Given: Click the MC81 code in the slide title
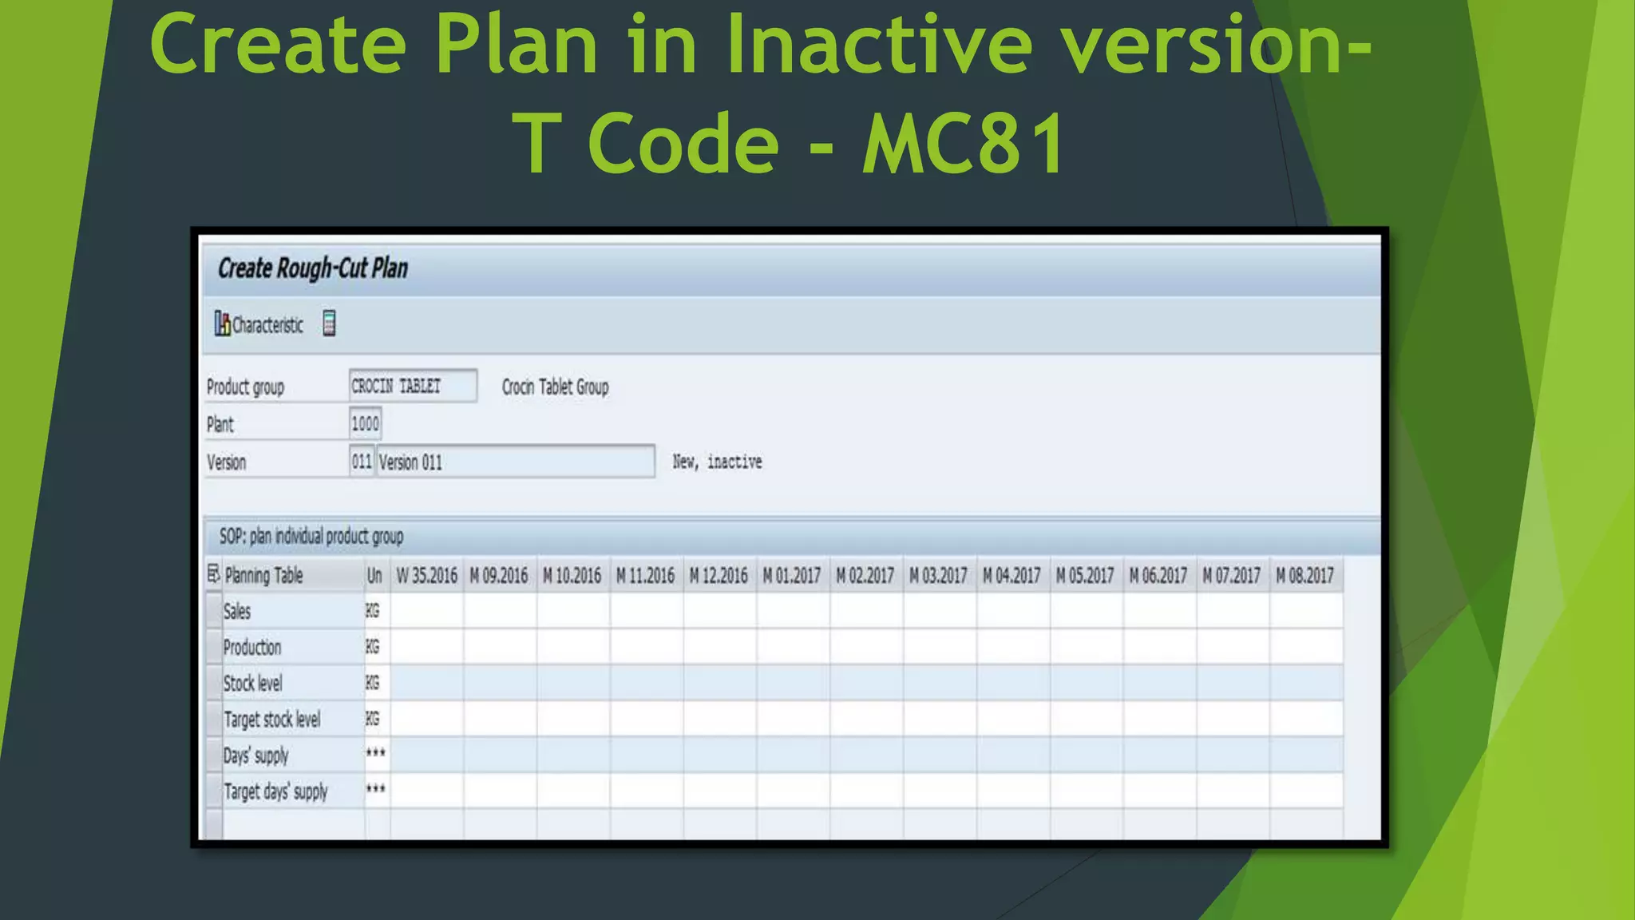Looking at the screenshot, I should point(964,144).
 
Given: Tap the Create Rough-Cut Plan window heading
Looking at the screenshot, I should point(313,268).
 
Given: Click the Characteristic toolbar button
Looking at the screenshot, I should point(259,324).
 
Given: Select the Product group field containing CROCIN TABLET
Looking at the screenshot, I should point(412,387).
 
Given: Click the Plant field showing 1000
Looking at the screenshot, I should point(365,423).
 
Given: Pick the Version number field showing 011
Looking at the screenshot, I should point(361,462).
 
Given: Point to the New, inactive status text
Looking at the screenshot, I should point(717,462).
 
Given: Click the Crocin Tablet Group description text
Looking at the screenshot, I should point(555,387).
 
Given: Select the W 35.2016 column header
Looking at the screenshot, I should point(426,576).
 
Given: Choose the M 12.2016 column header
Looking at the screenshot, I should point(719,576).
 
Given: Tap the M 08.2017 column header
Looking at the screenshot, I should point(1304,576).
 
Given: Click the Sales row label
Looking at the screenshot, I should point(237,612).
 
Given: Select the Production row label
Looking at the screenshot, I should point(252,648).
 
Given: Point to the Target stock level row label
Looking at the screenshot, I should point(271,720).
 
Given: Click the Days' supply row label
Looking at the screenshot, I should point(255,755).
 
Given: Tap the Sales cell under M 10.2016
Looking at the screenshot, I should point(573,612).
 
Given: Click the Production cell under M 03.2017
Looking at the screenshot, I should point(939,648).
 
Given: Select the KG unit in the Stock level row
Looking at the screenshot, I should point(373,684).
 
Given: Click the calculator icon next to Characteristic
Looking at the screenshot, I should point(329,323).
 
